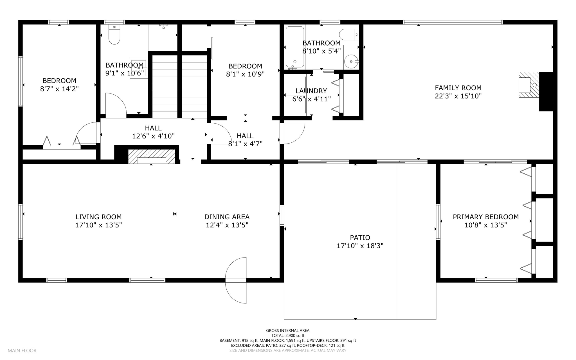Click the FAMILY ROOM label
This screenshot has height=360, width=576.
[x=458, y=88]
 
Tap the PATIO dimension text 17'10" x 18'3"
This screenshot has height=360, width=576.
[x=360, y=246]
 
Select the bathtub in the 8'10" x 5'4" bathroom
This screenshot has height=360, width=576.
[x=295, y=47]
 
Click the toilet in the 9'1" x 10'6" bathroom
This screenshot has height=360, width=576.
[x=114, y=35]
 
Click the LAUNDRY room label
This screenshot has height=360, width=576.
[x=311, y=91]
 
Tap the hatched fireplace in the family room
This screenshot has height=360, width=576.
[x=529, y=85]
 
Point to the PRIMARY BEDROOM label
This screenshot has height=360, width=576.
[x=485, y=217]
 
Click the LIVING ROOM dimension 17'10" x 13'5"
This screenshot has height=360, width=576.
[x=98, y=225]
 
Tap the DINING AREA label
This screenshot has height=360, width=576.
[x=227, y=217]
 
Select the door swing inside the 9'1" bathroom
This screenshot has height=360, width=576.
[x=115, y=104]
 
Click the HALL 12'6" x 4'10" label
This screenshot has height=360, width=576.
[x=153, y=132]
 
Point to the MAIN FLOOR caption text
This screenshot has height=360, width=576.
[x=22, y=350]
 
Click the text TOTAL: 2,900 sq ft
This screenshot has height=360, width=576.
[x=287, y=336]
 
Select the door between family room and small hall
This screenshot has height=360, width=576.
[x=294, y=133]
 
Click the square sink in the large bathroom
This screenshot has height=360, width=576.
[x=139, y=68]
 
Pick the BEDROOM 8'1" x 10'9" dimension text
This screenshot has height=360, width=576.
[x=245, y=74]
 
